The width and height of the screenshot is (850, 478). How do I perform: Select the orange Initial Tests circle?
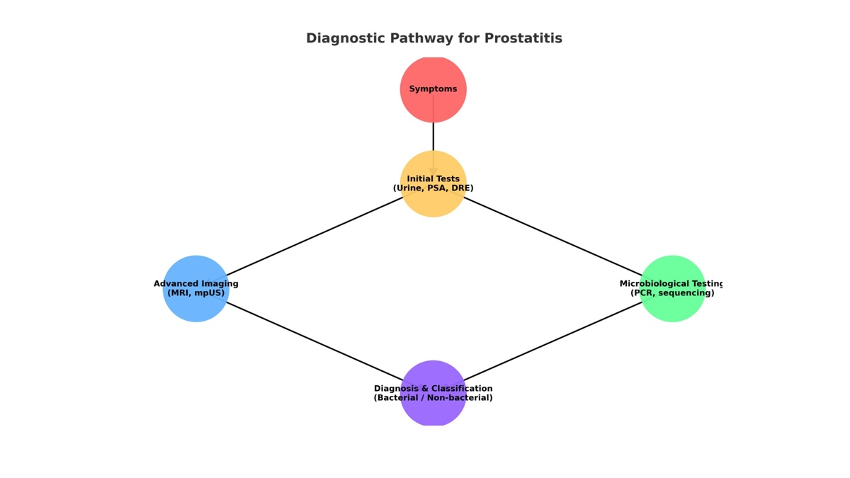click(x=433, y=203)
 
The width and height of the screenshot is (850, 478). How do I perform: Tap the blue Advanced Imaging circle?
click(x=195, y=308)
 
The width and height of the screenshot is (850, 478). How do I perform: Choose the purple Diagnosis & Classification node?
click(x=433, y=412)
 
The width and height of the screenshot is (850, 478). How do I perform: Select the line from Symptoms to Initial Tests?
click(x=433, y=137)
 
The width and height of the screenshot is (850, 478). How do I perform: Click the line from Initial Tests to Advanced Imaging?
click(x=314, y=237)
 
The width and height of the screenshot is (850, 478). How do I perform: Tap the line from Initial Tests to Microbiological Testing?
click(x=552, y=237)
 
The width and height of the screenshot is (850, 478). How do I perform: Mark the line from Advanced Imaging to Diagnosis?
click(x=314, y=341)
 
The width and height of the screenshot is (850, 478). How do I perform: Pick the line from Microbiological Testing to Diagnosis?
click(x=552, y=341)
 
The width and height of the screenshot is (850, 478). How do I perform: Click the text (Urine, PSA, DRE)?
click(x=433, y=188)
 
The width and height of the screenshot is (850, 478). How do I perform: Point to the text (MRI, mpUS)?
click(x=195, y=293)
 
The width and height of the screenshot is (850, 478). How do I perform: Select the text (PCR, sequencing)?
click(x=672, y=293)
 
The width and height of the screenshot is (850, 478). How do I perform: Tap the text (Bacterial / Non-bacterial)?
click(x=433, y=398)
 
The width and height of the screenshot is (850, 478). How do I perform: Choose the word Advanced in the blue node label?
click(x=176, y=284)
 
